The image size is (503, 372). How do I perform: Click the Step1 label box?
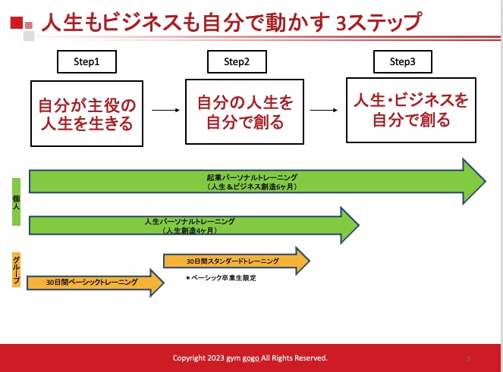coord(86,61)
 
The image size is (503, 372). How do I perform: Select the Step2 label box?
coord(237,61)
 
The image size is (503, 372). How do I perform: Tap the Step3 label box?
coord(403,61)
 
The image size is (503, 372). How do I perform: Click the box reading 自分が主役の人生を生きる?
coord(86,114)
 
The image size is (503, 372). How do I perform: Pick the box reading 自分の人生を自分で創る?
coord(244,111)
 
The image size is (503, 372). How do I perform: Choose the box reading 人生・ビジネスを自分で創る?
coord(411,110)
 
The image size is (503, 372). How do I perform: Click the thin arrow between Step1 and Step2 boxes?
coord(165,110)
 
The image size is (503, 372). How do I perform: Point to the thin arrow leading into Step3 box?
coord(323,110)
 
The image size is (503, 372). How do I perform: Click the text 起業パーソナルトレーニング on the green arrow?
coord(252,177)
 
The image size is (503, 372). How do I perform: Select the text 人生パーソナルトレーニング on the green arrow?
coord(190,221)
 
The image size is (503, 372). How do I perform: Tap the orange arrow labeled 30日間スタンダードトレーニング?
coord(237,261)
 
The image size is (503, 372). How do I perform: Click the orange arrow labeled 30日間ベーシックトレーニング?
coord(96,283)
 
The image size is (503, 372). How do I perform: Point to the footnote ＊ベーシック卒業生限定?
coord(221,278)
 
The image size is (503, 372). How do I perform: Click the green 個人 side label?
coord(17,202)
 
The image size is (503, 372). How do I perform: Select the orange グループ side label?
coord(17,270)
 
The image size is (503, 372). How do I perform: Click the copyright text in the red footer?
coord(250,358)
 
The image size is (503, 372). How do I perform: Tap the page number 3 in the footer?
coord(468,358)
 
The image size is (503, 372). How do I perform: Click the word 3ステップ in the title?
coord(379,22)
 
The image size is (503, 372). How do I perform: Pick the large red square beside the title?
coord(17,23)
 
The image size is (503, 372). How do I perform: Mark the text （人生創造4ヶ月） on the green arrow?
coord(190,230)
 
